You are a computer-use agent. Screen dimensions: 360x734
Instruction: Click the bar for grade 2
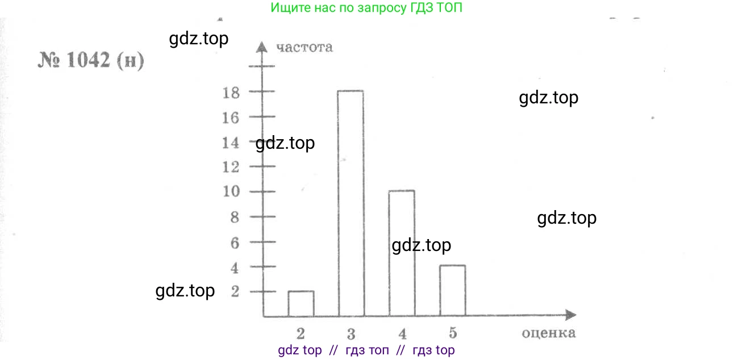[301, 304]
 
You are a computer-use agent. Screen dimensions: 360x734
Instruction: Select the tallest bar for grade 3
[351, 203]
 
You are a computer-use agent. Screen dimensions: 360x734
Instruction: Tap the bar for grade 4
[401, 253]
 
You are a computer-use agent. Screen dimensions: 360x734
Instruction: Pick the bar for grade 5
[452, 290]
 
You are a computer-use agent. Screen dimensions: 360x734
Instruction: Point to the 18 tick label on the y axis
[232, 92]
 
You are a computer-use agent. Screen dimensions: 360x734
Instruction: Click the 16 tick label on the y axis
[232, 118]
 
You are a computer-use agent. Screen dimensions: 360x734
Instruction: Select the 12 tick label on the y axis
[232, 167]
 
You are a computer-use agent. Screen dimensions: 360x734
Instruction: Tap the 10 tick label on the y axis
[232, 191]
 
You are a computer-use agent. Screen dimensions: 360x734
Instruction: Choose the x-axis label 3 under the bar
[351, 333]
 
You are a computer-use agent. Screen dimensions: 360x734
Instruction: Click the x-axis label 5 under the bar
[453, 332]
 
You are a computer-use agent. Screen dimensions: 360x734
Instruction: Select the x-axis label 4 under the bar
[402, 333]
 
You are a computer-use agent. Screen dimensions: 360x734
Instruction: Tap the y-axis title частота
[304, 47]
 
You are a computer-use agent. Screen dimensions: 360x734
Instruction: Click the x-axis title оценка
[548, 333]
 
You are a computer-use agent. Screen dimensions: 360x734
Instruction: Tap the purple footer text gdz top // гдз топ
[366, 350]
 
